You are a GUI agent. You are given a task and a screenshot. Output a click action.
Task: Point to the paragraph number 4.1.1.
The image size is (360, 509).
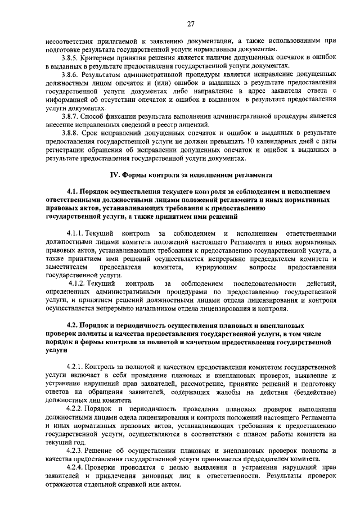[76, 233]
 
